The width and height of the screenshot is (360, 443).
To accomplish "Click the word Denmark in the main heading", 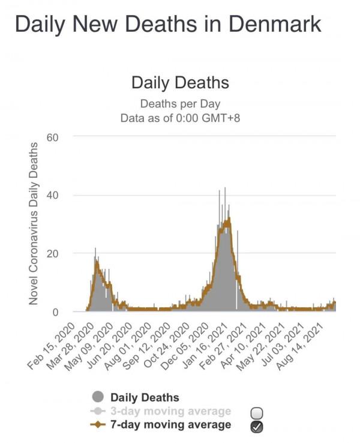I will pos(271,25).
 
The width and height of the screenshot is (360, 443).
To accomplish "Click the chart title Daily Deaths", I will pos(180,82).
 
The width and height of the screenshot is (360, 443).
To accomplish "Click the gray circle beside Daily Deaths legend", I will pos(98,397).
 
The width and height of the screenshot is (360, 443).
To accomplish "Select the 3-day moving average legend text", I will pos(170,411).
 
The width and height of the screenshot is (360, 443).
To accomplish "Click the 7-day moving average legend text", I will pos(170,425).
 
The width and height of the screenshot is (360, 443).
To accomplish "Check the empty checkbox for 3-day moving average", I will pos(256,412).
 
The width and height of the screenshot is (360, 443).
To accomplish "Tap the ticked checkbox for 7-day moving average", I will pos(256,426).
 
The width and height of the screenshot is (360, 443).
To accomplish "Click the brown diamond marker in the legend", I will pos(98,425).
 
